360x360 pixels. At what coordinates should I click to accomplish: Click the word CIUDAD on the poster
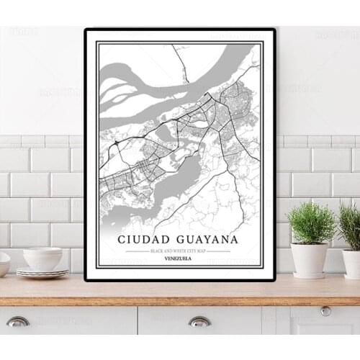point(148,239)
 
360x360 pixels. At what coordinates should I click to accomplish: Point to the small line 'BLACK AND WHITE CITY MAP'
point(179,251)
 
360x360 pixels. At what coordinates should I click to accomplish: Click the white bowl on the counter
point(42,258)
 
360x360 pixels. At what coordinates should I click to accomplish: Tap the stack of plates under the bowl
point(42,273)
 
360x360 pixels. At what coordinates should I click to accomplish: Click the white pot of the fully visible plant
point(310,260)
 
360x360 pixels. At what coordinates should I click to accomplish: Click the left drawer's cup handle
point(18,321)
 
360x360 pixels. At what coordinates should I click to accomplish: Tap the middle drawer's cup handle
point(199,321)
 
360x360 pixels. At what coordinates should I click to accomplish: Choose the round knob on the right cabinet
point(326,311)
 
